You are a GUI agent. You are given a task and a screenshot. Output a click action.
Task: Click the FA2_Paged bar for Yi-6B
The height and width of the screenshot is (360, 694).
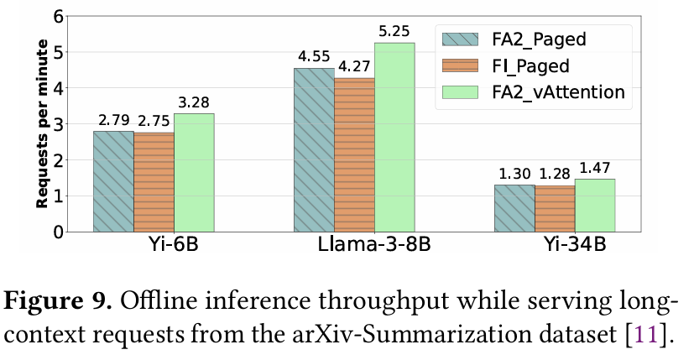click(x=113, y=181)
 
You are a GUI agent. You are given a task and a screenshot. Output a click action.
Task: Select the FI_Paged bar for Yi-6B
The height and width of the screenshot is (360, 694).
click(x=154, y=182)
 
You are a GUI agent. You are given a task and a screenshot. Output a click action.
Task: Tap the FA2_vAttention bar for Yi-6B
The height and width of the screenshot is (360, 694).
click(x=194, y=172)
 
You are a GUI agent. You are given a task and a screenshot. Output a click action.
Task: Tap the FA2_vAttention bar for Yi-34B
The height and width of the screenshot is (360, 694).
click(x=595, y=205)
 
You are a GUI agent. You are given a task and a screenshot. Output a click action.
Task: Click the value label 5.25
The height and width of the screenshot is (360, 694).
click(x=394, y=32)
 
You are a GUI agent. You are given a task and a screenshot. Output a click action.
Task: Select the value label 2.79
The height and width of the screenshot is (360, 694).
click(x=113, y=120)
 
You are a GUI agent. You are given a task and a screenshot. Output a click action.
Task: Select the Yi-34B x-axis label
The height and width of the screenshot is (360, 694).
click(x=555, y=250)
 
